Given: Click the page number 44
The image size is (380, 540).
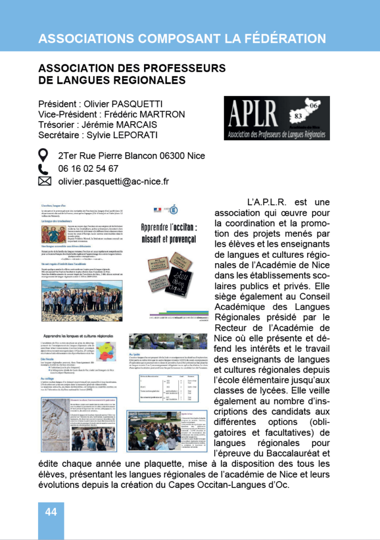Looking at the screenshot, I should pos(51,512).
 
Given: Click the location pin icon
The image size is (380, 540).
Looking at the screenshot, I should pos(44,156).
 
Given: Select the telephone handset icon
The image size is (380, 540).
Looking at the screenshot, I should pos(44,169).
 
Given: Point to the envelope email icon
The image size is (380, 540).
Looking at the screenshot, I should pos(44,181).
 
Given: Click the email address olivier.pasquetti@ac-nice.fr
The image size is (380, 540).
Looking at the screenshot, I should pos(113,181).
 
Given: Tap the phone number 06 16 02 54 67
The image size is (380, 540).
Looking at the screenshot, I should pos(88,169).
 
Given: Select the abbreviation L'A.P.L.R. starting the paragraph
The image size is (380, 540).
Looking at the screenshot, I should pos(266,202).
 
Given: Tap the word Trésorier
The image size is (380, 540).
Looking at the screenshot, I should pos(60,124).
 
